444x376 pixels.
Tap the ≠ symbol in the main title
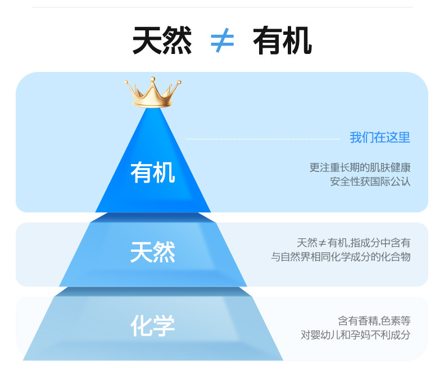[x=222, y=41]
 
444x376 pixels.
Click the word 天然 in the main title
[x=162, y=41]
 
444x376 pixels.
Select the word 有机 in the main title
[x=282, y=41]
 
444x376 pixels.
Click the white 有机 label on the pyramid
[x=152, y=173]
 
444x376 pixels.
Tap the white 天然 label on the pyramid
[x=152, y=252]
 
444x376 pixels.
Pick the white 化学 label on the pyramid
[x=152, y=325]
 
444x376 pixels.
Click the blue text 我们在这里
[x=380, y=137]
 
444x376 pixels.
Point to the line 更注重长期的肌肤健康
[x=360, y=167]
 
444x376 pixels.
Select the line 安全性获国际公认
[x=370, y=182]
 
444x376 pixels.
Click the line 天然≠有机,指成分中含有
[x=354, y=243]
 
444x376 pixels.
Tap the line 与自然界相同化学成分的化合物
[x=341, y=257]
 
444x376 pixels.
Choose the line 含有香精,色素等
[x=374, y=321]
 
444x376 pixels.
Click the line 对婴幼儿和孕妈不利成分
[x=355, y=335]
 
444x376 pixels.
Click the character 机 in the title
[x=297, y=41]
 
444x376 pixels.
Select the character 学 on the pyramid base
[x=164, y=325]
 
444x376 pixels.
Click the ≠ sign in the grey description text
[x=323, y=243]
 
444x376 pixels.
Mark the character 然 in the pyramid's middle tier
[x=164, y=252]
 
